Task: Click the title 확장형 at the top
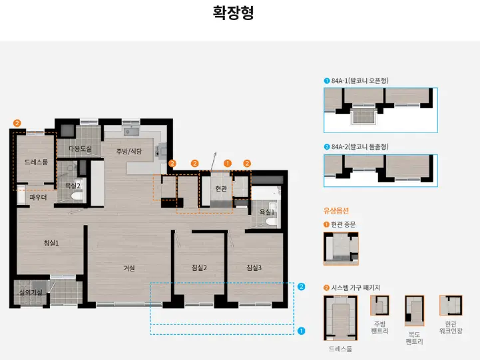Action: (x=233, y=13)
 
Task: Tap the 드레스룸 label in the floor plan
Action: (x=36, y=162)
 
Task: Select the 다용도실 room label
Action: (x=80, y=149)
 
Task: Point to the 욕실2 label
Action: (x=72, y=186)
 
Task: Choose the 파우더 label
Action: (x=37, y=197)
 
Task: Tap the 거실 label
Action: (x=128, y=268)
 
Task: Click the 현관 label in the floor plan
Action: (x=221, y=189)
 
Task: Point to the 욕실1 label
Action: (x=267, y=212)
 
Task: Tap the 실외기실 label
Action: (x=31, y=292)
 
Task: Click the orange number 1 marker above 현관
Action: (x=227, y=163)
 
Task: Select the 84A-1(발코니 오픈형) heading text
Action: (x=360, y=81)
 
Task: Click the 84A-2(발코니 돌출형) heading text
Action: (x=360, y=146)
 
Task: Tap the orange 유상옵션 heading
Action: (x=336, y=210)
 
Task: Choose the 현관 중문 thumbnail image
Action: (x=340, y=248)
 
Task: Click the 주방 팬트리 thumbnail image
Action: (x=380, y=305)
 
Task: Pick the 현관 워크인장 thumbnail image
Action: (x=451, y=305)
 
